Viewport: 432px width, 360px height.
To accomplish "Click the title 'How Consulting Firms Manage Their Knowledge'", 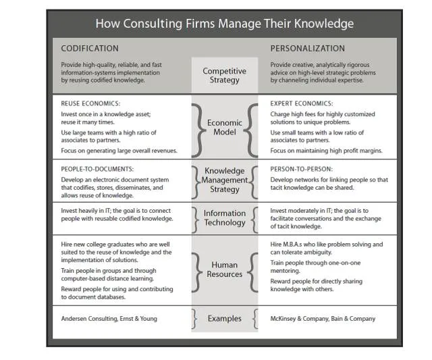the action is (224, 24).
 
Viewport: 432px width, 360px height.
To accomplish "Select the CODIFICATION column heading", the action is (90, 49).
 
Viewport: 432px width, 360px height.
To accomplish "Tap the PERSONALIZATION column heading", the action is (307, 49).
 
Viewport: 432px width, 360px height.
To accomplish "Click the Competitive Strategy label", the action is (224, 75).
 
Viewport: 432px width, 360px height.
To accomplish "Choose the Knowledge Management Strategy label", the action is (224, 180).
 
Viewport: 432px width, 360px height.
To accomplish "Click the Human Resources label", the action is (224, 269).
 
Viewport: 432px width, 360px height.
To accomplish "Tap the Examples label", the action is (224, 319).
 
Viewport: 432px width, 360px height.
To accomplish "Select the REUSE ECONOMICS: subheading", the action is (90, 104).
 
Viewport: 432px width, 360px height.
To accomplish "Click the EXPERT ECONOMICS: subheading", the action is (301, 104).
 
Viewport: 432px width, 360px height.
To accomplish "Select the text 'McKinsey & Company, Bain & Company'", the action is (323, 319).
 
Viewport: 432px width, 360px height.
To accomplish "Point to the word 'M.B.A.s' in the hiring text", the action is (301, 245).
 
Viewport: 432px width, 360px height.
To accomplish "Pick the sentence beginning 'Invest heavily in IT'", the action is (119, 215).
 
